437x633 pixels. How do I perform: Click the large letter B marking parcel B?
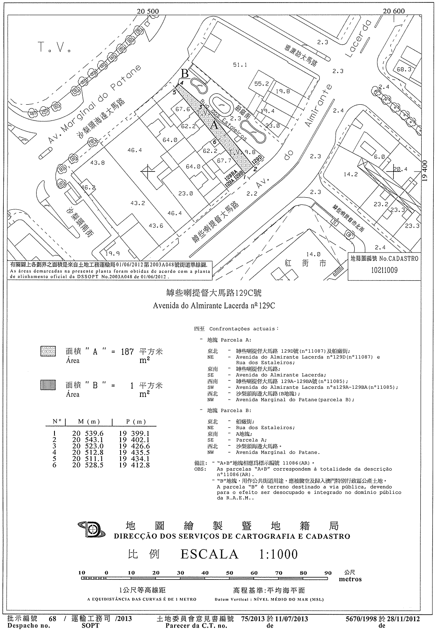click(x=185, y=74)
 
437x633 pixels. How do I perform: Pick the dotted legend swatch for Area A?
click(x=48, y=351)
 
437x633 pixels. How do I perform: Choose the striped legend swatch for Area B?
click(x=48, y=385)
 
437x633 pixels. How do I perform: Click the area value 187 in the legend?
click(x=127, y=352)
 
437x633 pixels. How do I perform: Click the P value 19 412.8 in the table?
click(x=134, y=465)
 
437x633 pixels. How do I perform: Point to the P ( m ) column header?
click(x=136, y=422)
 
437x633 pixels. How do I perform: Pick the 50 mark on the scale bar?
click(x=229, y=573)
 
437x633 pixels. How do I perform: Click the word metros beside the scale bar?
click(x=350, y=579)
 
